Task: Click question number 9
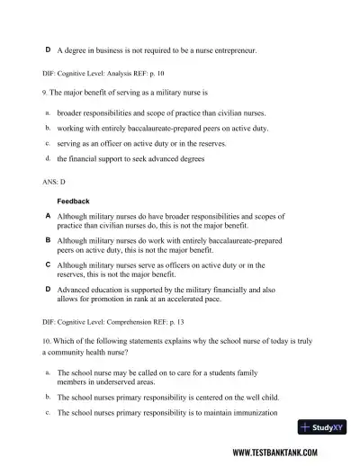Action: coord(45,93)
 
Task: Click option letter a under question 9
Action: coord(47,113)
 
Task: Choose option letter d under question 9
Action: coord(47,158)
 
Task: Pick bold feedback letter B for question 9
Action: coord(48,241)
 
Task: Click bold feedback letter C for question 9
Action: coord(48,265)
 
